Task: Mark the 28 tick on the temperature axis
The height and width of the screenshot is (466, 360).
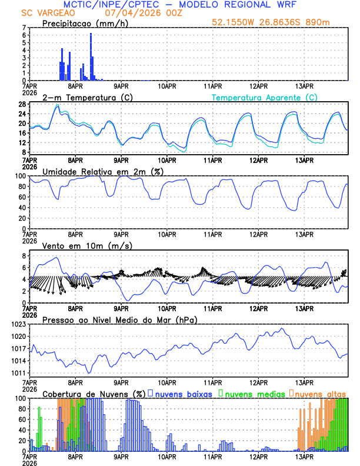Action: pos(21,104)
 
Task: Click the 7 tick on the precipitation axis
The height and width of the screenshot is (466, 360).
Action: pos(24,28)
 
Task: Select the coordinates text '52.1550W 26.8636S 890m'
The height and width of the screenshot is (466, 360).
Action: pos(279,23)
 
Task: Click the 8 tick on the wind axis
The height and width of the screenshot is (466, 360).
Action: pos(24,256)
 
